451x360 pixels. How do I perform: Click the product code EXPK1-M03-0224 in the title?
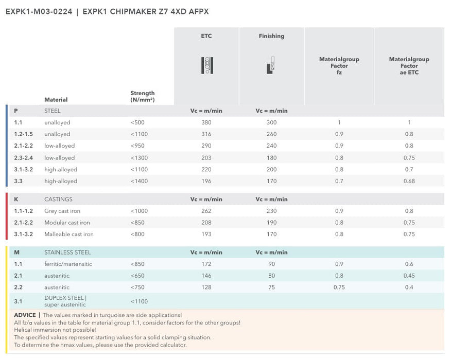(x=38, y=11)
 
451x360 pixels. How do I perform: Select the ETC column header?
(x=206, y=36)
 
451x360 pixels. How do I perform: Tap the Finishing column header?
(x=271, y=36)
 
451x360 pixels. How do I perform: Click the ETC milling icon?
(x=206, y=65)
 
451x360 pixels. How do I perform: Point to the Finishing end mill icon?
(x=271, y=65)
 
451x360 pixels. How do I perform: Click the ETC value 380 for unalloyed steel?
(x=206, y=122)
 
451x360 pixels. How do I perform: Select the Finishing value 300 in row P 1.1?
(x=271, y=122)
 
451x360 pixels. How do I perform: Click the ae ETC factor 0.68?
(x=409, y=181)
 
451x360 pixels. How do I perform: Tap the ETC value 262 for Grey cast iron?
(x=206, y=211)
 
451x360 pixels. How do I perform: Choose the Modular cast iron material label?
(x=67, y=223)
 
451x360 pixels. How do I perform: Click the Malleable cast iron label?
(x=69, y=235)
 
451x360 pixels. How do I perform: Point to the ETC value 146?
(x=206, y=276)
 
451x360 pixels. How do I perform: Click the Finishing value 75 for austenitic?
(x=271, y=287)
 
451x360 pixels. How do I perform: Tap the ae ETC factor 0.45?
(x=409, y=276)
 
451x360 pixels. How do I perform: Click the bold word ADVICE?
(x=25, y=315)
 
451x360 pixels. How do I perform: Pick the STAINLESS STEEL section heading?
(x=67, y=253)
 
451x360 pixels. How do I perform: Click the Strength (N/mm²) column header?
(x=143, y=96)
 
